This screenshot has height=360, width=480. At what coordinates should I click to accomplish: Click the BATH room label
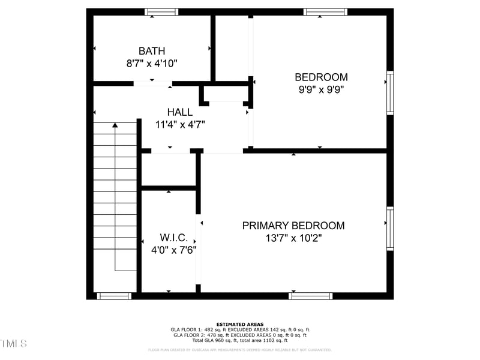(x=151, y=51)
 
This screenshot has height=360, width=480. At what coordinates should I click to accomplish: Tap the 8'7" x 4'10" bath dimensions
(x=151, y=63)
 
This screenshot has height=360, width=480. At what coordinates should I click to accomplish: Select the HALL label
(x=180, y=112)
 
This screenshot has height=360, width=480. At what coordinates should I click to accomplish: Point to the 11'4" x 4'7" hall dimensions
(x=180, y=125)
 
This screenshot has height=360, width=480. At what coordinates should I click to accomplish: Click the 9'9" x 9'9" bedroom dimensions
(x=321, y=89)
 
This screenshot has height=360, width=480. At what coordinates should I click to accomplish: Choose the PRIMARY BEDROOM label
(x=293, y=226)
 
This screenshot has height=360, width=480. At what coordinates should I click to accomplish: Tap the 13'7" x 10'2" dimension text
(x=293, y=239)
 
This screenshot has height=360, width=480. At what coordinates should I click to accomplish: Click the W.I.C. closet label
(x=174, y=237)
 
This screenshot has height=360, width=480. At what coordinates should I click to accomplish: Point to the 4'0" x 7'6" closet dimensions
(x=174, y=250)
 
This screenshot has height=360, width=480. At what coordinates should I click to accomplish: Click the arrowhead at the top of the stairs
(x=115, y=125)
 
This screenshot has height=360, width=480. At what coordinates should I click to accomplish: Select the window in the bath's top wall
(x=161, y=11)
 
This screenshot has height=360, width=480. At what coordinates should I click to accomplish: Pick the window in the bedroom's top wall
(x=325, y=11)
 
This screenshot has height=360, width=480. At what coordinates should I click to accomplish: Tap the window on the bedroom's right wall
(x=390, y=92)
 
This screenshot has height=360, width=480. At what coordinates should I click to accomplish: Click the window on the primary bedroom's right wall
(x=390, y=228)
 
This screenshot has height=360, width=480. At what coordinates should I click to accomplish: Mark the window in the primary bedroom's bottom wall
(x=310, y=295)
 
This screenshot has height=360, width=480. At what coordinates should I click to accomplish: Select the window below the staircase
(x=114, y=295)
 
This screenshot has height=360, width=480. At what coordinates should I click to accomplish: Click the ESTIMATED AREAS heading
(x=240, y=324)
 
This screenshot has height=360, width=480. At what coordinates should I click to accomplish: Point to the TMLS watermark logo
(x=13, y=344)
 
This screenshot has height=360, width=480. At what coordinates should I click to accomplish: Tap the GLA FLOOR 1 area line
(x=240, y=330)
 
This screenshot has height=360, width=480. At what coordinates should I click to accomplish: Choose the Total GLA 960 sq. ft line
(x=240, y=341)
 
